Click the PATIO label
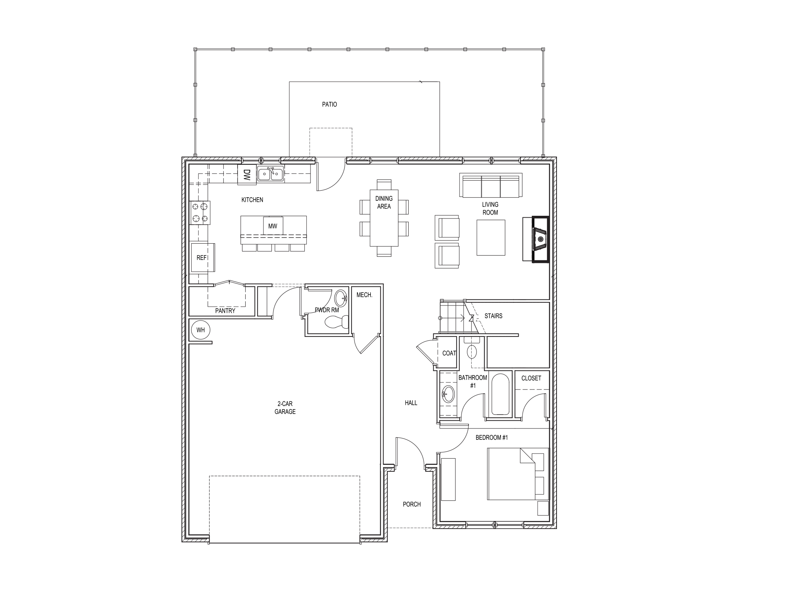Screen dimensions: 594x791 click(329, 104)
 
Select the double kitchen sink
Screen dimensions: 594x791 click(271, 174)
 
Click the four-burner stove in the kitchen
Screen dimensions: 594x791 click(200, 213)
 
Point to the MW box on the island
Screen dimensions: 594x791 click(273, 226)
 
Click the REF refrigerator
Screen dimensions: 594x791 click(202, 258)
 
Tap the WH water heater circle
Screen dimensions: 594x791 click(200, 330)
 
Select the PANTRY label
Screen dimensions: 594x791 click(225, 311)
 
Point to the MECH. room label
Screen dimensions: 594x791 click(364, 295)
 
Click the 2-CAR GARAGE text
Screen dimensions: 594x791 click(285, 408)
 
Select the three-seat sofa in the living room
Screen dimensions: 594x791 click(491, 186)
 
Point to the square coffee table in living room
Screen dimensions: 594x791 click(491, 237)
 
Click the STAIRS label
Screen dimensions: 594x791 click(493, 316)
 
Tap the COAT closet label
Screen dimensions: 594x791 click(449, 353)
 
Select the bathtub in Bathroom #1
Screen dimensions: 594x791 click(501, 394)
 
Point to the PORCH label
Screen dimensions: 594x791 click(412, 504)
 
